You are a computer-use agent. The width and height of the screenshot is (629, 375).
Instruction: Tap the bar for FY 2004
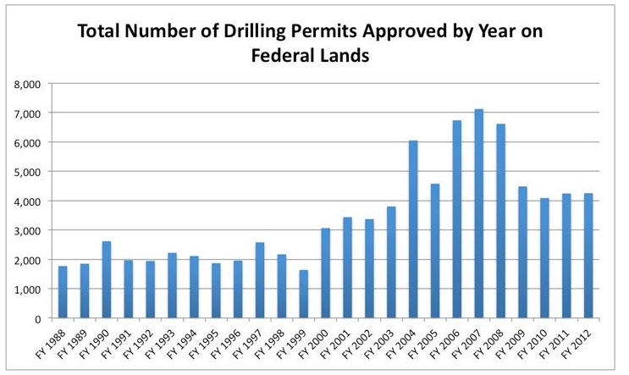[x=413, y=229]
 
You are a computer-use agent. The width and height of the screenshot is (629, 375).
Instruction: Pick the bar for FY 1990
[x=107, y=280]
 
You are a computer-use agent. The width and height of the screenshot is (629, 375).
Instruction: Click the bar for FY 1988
[x=63, y=292]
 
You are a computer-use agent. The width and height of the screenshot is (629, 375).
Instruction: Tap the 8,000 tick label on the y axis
[x=27, y=83]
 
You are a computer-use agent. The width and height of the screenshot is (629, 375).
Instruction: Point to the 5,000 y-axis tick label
[x=27, y=172]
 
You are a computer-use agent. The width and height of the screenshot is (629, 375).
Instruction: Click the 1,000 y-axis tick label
[x=27, y=290]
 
